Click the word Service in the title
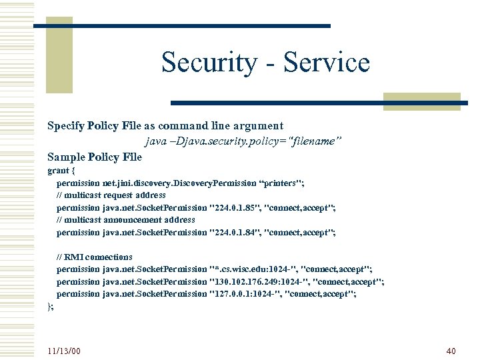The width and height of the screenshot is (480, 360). [327, 63]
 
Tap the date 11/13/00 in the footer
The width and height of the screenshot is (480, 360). [64, 351]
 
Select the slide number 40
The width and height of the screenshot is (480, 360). [450, 351]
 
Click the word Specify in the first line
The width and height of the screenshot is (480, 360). [65, 125]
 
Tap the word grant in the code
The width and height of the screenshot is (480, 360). [57, 171]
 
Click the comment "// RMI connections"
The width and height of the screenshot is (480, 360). [95, 257]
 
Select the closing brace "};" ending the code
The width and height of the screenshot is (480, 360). [51, 306]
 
